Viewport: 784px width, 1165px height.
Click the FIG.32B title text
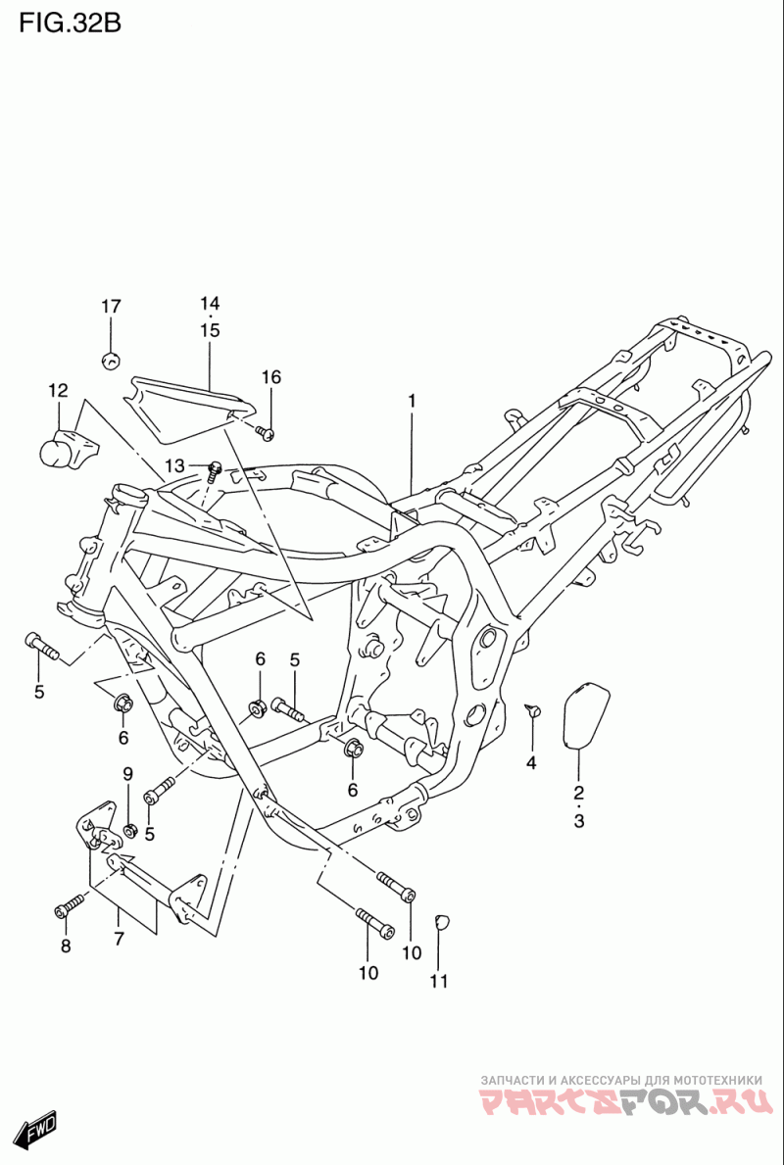(70, 24)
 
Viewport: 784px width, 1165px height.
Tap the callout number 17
(111, 306)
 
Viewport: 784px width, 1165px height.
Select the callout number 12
(58, 390)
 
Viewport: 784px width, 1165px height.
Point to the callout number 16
(271, 377)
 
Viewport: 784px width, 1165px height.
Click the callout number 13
(174, 465)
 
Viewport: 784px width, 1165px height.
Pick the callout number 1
(411, 401)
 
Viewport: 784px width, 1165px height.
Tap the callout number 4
(531, 762)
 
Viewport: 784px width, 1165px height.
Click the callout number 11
(439, 982)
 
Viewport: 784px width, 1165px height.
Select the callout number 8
(66, 946)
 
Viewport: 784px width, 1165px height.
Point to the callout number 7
(119, 939)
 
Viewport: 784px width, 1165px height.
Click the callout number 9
(127, 773)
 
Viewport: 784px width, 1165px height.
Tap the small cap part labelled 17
(111, 361)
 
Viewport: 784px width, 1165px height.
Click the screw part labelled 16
(266, 432)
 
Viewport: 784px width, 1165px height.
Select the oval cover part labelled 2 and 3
(585, 713)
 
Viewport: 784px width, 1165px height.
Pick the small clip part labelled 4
(532, 711)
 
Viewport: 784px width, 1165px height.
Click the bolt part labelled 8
(70, 905)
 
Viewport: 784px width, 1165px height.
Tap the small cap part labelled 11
(441, 921)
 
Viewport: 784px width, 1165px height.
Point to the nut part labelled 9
(129, 830)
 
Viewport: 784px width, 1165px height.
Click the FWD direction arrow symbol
(36, 1130)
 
